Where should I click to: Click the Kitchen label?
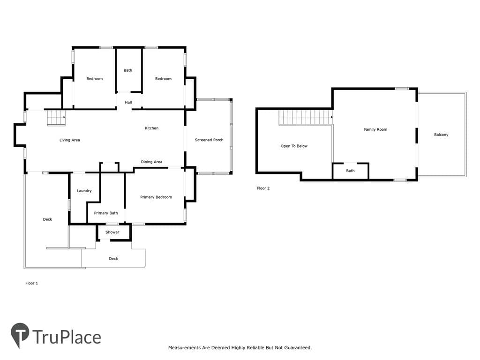pos(151,128)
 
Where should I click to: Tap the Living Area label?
pos(69,140)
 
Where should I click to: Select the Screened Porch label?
pos(209,140)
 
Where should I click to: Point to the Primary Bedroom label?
pos(156,197)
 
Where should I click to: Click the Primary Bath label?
pos(106,213)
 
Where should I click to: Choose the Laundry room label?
pos(84,191)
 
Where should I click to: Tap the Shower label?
pos(112,232)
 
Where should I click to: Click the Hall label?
pos(128,102)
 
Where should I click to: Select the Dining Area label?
pos(151,162)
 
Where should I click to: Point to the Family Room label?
pos(375,129)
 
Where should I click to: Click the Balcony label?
pos(441,135)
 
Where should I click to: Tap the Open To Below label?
pos(294,146)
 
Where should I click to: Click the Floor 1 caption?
pos(31,283)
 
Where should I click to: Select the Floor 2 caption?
pos(263,188)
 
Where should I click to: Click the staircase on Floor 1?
pos(56,118)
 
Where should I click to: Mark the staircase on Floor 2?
pos(306,118)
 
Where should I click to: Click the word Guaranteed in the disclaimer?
pos(298,348)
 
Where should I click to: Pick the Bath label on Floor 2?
pos(350,171)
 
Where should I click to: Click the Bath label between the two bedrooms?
pos(128,70)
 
